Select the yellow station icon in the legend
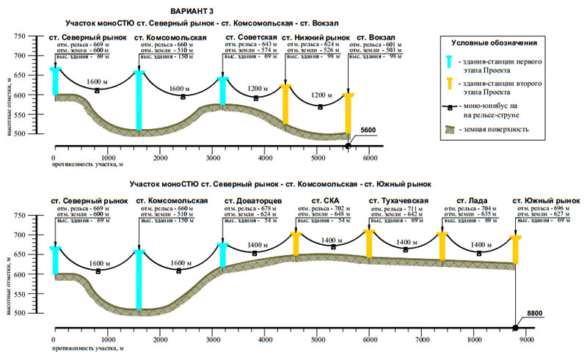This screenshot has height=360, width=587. tap(453, 93)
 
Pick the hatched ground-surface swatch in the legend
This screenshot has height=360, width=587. tap(453, 131)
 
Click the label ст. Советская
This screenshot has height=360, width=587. tap(251, 37)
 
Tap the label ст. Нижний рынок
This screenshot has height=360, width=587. tap(316, 37)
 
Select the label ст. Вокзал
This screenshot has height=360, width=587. tap(376, 37)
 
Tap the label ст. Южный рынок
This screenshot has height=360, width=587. tap(539, 200)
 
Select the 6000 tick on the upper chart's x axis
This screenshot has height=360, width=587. tap(370, 158)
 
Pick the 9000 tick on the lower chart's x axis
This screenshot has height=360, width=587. tap(527, 340)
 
